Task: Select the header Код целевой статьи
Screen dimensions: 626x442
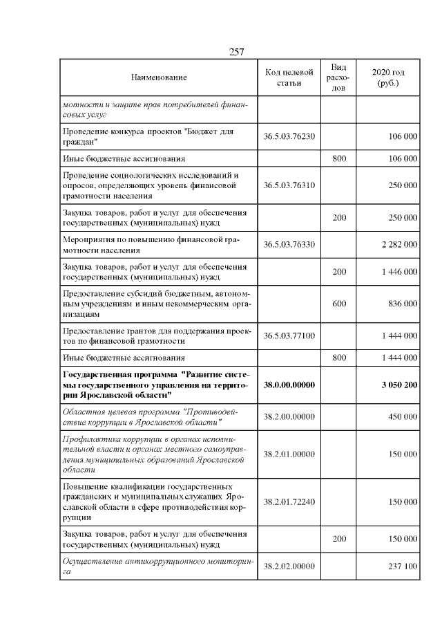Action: point(289,78)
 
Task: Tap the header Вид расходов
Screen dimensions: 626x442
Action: point(338,78)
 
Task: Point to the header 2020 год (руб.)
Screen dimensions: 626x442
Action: point(388,78)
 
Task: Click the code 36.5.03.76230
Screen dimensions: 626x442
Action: point(289,137)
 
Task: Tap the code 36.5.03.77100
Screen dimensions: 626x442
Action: point(289,335)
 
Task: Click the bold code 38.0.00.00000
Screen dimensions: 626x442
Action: point(289,385)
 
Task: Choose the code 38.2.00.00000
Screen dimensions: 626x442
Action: point(289,417)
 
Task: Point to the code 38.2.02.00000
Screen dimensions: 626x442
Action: point(289,566)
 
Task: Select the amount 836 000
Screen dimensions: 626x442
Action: point(402,303)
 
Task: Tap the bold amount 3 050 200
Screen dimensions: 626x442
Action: point(398,385)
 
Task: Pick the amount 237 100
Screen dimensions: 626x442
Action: point(402,566)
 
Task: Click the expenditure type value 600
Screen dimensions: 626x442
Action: point(339,303)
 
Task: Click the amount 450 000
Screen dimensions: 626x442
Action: point(402,417)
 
